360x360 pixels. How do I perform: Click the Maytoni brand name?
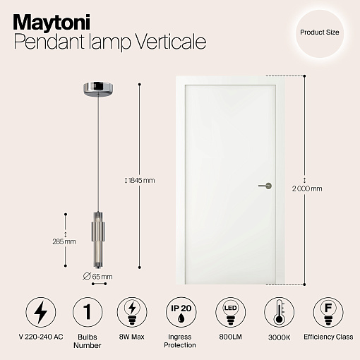52,23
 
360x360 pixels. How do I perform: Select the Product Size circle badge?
320,34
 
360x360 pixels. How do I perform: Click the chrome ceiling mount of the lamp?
98,88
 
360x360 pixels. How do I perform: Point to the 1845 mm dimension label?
140,181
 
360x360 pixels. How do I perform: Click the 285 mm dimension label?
64,241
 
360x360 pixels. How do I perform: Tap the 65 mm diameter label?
97,277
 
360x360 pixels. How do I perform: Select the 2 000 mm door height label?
307,188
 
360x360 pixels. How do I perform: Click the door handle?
265,186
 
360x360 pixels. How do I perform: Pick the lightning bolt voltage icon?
41,312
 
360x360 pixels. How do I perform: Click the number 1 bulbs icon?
88,312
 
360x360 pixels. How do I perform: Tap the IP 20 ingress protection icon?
181,312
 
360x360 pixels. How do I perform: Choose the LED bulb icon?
230,312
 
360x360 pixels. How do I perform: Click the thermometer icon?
279,312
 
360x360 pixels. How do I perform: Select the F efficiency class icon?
328,312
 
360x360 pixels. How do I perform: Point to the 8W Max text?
132,337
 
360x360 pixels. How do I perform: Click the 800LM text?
230,337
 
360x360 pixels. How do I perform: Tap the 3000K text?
280,337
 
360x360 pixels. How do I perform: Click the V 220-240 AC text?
41,337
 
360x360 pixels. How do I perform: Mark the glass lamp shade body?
98,240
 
